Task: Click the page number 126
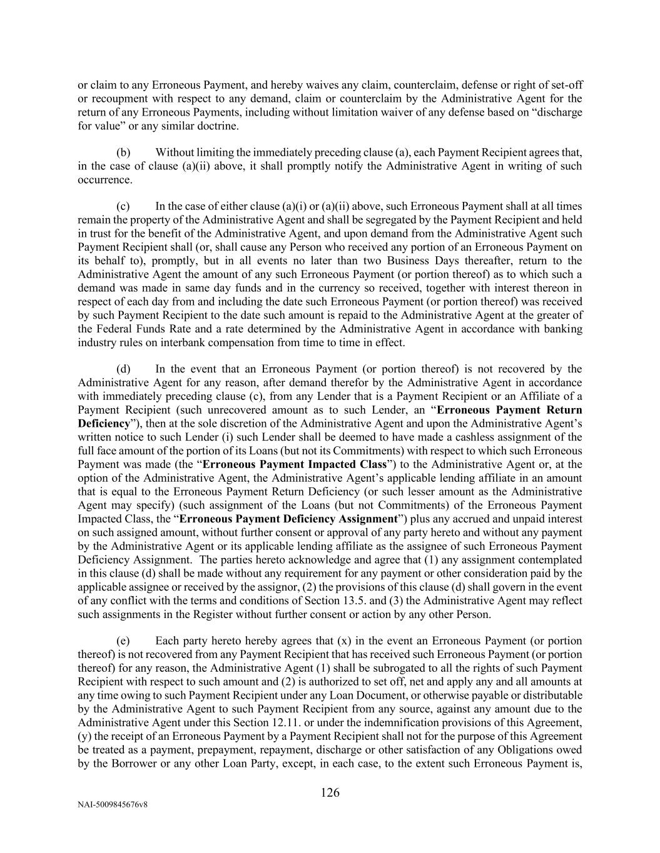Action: pyautogui.click(x=330, y=793)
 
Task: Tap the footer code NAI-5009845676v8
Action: pyautogui.click(x=113, y=805)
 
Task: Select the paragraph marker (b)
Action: pyautogui.click(x=124, y=152)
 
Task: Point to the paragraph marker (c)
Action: pyautogui.click(x=124, y=206)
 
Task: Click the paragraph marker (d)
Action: pyautogui.click(x=124, y=369)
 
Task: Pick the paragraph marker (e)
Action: pyautogui.click(x=124, y=641)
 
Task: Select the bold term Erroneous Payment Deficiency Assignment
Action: pyautogui.click(x=288, y=519)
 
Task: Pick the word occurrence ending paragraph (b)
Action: pyautogui.click(x=104, y=180)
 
